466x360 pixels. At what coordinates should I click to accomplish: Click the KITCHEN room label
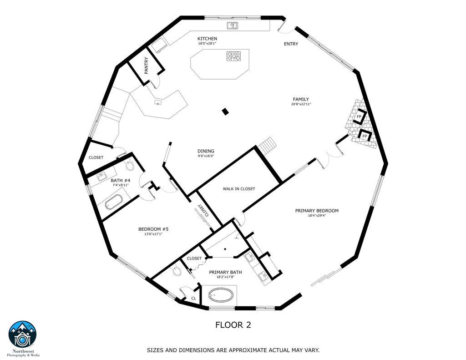tap(207, 39)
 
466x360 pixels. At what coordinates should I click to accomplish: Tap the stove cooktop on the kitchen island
tap(233, 56)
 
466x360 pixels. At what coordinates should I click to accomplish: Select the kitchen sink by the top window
tap(233, 25)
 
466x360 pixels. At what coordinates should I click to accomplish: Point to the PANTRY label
tap(147, 65)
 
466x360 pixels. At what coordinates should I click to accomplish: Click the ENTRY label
tap(291, 44)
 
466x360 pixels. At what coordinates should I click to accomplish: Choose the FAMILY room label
tap(301, 99)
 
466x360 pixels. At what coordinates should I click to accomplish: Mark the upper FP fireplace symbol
tap(360, 116)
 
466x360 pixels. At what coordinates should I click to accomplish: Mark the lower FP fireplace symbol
tap(365, 135)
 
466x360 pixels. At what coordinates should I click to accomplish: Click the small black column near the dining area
tap(225, 111)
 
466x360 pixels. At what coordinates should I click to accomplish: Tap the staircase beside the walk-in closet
tap(268, 146)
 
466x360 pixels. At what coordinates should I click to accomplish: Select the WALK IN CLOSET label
tap(238, 189)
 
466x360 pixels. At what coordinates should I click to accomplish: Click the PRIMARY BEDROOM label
tap(317, 211)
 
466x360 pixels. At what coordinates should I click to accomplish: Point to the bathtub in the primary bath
tap(220, 296)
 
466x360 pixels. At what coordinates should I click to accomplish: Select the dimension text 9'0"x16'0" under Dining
tap(206, 156)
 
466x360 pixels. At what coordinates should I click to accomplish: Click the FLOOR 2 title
tap(233, 325)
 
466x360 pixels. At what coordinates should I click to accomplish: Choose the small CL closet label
tap(193, 299)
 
